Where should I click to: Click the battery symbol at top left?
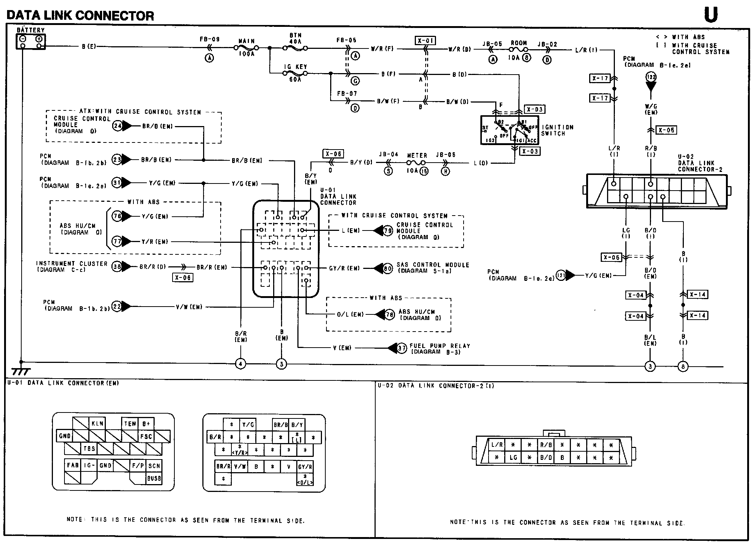31,41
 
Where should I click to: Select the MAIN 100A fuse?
246,48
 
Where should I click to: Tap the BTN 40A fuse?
295,48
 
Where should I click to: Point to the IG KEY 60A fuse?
295,73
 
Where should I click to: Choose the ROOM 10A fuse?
518,49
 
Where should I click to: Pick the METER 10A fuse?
416,163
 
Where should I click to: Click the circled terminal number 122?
651,77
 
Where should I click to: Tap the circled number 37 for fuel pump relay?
401,348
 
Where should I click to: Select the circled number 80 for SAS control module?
388,268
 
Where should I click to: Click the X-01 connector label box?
425,41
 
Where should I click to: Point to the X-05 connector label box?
666,130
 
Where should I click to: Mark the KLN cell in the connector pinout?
97,424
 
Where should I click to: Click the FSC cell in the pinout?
146,436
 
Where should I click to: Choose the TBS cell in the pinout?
89,448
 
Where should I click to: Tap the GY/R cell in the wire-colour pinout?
305,466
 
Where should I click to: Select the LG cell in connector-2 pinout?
513,457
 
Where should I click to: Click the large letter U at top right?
711,15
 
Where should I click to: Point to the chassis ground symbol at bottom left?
21,371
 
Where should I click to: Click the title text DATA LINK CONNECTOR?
80,15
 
